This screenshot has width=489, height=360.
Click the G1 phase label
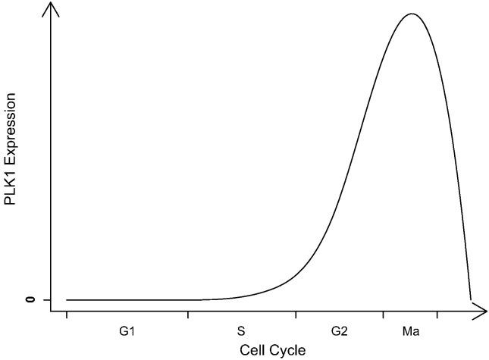[x=127, y=331]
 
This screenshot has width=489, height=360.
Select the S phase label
[x=241, y=331]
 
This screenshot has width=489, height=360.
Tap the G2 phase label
[x=339, y=331]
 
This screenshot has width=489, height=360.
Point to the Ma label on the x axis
[x=411, y=331]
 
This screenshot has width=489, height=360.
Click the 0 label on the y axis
[x=31, y=300]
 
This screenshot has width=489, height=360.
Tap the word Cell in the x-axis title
[x=252, y=350]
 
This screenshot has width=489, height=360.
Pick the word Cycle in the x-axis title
[x=287, y=350]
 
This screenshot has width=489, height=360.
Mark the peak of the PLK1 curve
[x=411, y=14]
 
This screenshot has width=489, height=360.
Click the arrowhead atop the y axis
[x=51, y=10]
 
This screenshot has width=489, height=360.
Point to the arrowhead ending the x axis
[x=480, y=309]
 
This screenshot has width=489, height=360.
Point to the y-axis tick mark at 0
[x=46, y=300]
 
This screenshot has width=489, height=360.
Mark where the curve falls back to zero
[x=471, y=299]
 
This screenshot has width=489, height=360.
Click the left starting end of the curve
[x=67, y=300]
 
